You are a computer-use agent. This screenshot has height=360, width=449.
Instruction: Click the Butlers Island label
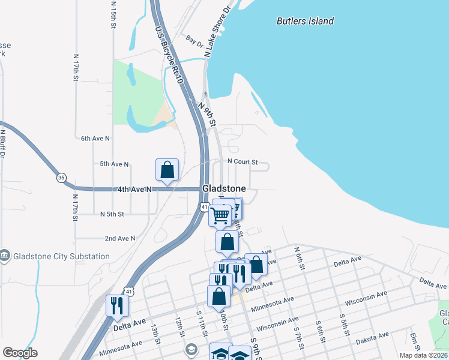pyautogui.click(x=305, y=21)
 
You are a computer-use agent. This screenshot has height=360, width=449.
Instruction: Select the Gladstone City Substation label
pyautogui.click(x=60, y=256)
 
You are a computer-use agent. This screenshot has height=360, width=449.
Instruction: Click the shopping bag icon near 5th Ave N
pyautogui.click(x=167, y=169)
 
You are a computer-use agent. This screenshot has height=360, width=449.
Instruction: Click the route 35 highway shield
pyautogui.click(x=61, y=178)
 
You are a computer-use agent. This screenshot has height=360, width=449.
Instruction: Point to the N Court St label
pyautogui.click(x=243, y=162)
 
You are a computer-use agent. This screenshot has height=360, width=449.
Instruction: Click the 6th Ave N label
pyautogui.click(x=96, y=138)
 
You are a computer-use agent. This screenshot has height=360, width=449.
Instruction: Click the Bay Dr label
pyautogui.click(x=194, y=41)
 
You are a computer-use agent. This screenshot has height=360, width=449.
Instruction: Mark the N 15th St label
pyautogui.click(x=113, y=15)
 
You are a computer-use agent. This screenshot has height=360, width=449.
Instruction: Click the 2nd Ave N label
pyautogui.click(x=119, y=238)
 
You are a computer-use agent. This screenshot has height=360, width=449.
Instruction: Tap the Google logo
pyautogui.click(x=20, y=353)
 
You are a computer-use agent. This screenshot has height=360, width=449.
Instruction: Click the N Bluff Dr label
pyautogui.click(x=3, y=144)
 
